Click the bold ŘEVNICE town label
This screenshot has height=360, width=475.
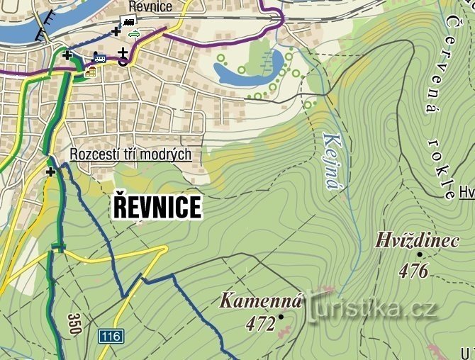coord(157,208)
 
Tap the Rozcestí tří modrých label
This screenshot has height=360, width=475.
coord(130,154)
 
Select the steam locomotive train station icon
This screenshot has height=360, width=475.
coord(129,21)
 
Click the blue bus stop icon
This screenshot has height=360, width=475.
coord(99,58)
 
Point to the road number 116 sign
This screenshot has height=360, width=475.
coord(111,335)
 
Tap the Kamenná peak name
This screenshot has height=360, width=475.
coord(261,300)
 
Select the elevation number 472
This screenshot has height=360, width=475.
coord(260,324)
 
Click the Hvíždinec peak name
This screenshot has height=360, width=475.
coord(417,241)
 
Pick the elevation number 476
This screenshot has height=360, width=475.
coord(414,270)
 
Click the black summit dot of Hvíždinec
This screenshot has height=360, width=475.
coord(419,254)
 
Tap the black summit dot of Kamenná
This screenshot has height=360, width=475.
coord(281,316)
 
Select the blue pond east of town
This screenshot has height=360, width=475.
coord(248,69)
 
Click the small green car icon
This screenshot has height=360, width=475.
coord(133,33)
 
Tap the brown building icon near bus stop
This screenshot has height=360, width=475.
coord(90,71)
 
